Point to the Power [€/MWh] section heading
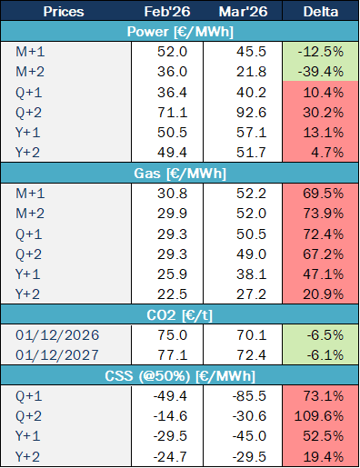click(180, 33)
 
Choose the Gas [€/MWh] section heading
click(180, 170)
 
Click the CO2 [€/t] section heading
click(180, 311)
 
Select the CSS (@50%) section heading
click(180, 375)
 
